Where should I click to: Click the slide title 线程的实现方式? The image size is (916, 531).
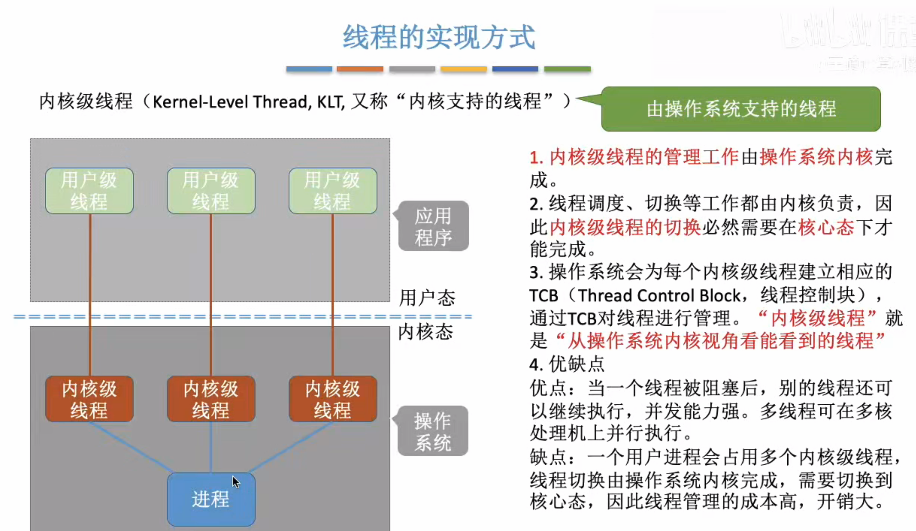(439, 37)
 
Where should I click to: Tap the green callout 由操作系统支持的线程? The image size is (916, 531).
(741, 109)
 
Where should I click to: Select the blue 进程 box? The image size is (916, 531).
(211, 499)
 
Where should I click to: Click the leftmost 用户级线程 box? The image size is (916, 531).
(89, 191)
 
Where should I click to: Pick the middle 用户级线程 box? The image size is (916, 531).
(211, 191)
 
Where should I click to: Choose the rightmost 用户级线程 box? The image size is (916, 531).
(333, 191)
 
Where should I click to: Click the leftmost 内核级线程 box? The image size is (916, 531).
(89, 399)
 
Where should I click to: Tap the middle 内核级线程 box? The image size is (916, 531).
(211, 399)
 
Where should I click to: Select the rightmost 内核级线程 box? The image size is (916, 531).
(333, 399)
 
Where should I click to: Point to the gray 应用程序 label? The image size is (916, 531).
(433, 226)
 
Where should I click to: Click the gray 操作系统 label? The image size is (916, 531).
(432, 431)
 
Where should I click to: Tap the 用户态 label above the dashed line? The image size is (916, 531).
(427, 298)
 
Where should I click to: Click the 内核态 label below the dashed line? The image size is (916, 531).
(425, 332)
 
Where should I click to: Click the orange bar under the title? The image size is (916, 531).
(360, 69)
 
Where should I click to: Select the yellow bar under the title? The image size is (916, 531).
(464, 69)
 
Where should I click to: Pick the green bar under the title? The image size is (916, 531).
(567, 69)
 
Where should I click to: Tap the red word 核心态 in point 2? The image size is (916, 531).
(826, 227)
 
